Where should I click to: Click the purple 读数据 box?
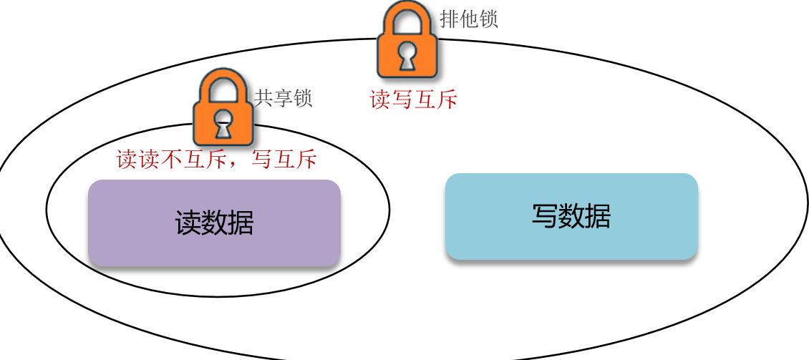coord(214,223)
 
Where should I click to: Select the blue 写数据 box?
coord(571,216)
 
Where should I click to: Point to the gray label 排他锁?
coord(469,19)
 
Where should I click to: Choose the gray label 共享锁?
coord(284,98)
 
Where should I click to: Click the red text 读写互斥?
coord(413,99)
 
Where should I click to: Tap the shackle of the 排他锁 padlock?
coord(407,18)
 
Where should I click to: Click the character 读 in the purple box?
coord(188,223)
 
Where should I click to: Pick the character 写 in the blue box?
coord(545,216)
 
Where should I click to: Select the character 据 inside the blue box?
coord(598,216)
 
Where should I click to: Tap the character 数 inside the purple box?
coord(214,223)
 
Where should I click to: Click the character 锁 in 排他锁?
coord(488,19)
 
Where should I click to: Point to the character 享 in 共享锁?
coord(284,98)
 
